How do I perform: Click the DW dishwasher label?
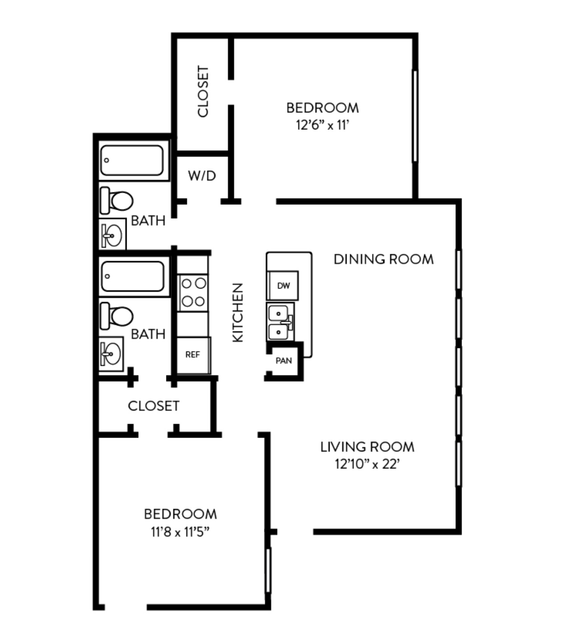pos(284,286)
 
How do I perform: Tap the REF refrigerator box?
pos(194,355)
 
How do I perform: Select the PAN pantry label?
pos(284,361)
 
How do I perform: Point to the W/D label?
pos(202,176)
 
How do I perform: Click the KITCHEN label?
pos(238,313)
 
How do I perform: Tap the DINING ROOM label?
pos(384,259)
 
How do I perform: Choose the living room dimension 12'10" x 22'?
pos(367,464)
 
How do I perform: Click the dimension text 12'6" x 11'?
pos(323,125)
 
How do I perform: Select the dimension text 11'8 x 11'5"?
pos(180,532)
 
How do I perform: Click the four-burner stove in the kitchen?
pos(193,293)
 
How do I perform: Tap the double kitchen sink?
pos(281,322)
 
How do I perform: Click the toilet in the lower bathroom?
pos(116,316)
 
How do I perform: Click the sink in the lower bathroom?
pos(111,354)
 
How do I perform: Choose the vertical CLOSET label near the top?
pos(203,91)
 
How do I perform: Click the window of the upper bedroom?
pos(415,116)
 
